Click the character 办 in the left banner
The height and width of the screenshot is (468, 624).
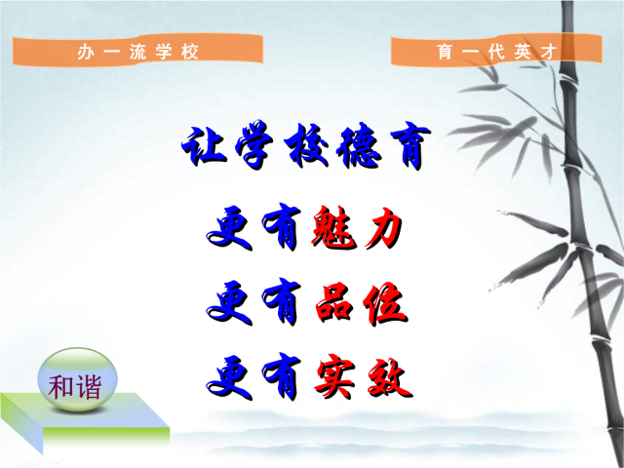(x=85, y=52)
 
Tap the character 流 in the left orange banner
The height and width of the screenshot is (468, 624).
(x=137, y=52)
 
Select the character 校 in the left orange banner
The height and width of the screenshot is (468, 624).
(x=190, y=52)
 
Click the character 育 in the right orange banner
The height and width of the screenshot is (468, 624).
(x=445, y=52)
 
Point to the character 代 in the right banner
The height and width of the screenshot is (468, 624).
(x=496, y=52)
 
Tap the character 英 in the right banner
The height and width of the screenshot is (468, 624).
(x=523, y=52)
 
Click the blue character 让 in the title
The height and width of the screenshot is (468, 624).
(x=204, y=145)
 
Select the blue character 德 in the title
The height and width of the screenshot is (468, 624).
(x=358, y=146)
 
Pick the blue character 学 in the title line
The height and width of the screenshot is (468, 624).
(x=254, y=144)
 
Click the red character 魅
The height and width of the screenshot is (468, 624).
(x=333, y=227)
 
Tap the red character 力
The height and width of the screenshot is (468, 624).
(x=383, y=227)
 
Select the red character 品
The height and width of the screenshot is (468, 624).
(x=333, y=303)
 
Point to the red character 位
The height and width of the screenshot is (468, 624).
(x=385, y=303)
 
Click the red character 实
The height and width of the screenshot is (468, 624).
(x=334, y=377)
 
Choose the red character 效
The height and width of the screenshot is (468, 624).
(x=390, y=379)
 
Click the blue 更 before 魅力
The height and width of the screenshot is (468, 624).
(x=230, y=228)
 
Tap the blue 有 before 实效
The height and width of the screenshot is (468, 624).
(x=281, y=376)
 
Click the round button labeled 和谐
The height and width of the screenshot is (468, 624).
(x=77, y=379)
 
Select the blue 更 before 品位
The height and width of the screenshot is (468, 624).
(x=230, y=303)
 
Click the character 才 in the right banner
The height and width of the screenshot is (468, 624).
(x=548, y=52)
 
